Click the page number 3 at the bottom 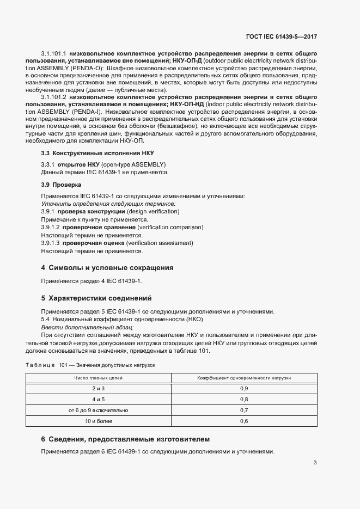(315, 463)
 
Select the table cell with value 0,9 (244, 388)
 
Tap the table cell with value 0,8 (244, 399)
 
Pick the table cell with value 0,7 (244, 410)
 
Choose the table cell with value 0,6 (244, 421)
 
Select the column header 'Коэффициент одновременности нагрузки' (244, 377)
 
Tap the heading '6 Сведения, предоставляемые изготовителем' (126, 439)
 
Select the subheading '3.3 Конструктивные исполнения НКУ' (87, 154)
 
